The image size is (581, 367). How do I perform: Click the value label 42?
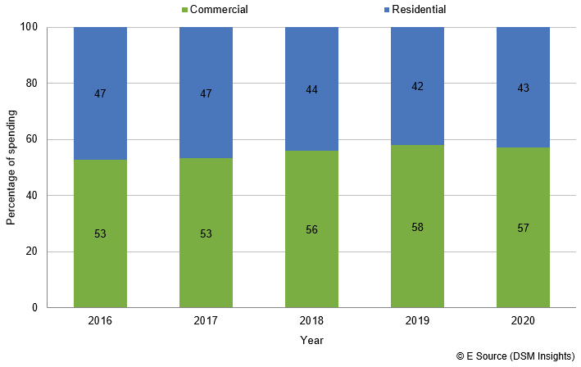pyautogui.click(x=417, y=87)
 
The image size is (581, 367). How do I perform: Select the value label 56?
pyautogui.click(x=311, y=229)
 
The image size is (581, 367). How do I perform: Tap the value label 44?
pyautogui.click(x=311, y=90)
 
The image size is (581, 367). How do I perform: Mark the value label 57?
pyautogui.click(x=523, y=227)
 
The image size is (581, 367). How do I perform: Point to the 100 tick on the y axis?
pyautogui.click(x=30, y=27)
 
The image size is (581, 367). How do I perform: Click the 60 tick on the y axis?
pyautogui.click(x=33, y=139)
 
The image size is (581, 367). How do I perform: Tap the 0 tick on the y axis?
pyautogui.click(x=36, y=308)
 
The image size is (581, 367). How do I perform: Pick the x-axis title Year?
pyautogui.click(x=311, y=340)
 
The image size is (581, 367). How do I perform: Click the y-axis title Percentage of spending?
pyautogui.click(x=11, y=168)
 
